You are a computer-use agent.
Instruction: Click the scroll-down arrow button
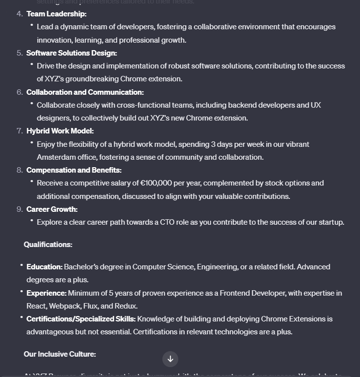pyautogui.click(x=170, y=359)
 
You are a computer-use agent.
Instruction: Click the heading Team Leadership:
pyautogui.click(x=56, y=14)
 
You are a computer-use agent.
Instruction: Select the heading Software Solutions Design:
pyautogui.click(x=72, y=53)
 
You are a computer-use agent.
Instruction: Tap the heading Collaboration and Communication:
pyautogui.click(x=85, y=92)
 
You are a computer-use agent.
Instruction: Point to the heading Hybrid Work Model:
pyautogui.click(x=60, y=131)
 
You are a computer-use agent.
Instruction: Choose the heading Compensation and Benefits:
pyautogui.click(x=73, y=170)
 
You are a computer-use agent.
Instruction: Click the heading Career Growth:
pyautogui.click(x=52, y=209)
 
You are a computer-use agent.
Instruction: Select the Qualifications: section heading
pyautogui.click(x=48, y=245)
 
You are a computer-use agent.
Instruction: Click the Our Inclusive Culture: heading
pyautogui.click(x=60, y=354)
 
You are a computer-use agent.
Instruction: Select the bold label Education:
pyautogui.click(x=44, y=267)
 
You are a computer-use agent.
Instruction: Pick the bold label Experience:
pyautogui.click(x=46, y=293)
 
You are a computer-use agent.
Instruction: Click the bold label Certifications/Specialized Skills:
pyautogui.click(x=80, y=319)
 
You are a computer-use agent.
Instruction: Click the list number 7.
pyautogui.click(x=20, y=131)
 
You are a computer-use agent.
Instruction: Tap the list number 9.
pyautogui.click(x=20, y=209)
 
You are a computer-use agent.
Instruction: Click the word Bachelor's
pyautogui.click(x=81, y=267)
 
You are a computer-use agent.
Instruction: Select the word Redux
pyautogui.click(x=126, y=306)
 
